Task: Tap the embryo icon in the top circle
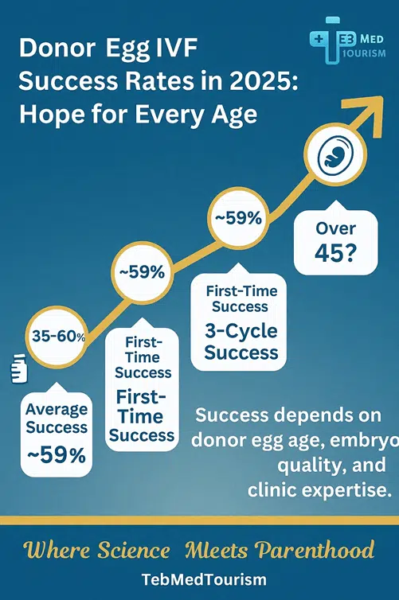click(331, 158)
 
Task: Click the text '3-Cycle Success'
click(241, 341)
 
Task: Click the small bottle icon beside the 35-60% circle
click(18, 368)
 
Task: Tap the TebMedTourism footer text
click(199, 579)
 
